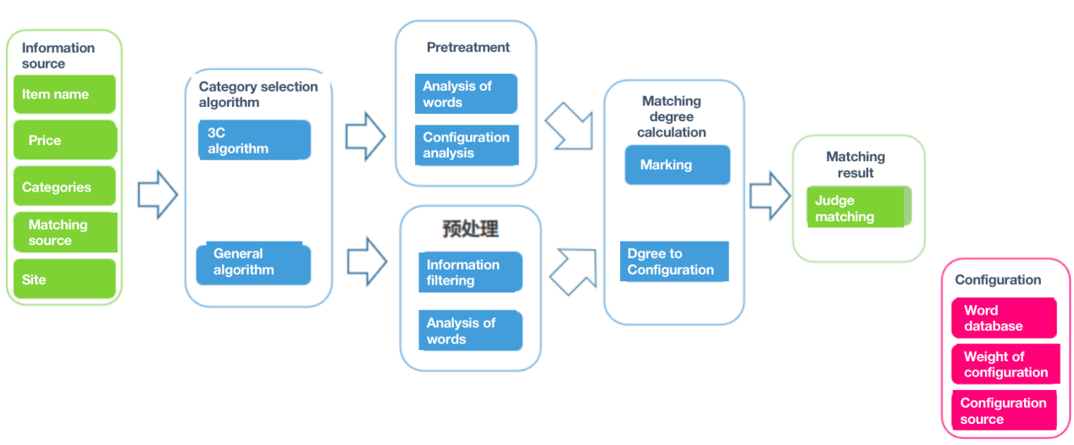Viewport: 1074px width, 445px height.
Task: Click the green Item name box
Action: click(64, 94)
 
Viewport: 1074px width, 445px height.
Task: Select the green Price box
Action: click(64, 141)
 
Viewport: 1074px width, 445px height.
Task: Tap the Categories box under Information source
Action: click(64, 187)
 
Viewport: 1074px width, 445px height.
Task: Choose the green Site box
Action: click(64, 279)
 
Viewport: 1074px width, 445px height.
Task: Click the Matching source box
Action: click(64, 232)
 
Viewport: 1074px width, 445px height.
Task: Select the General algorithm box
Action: click(253, 263)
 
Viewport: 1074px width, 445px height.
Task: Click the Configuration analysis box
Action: click(466, 145)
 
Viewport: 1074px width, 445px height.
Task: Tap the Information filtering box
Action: click(470, 272)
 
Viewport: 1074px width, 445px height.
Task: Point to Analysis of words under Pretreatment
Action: click(465, 93)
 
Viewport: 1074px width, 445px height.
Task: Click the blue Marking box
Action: click(677, 164)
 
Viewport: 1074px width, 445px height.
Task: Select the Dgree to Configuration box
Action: click(674, 261)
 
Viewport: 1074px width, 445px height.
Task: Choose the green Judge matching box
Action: click(859, 209)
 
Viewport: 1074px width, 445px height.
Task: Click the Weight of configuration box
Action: click(1005, 364)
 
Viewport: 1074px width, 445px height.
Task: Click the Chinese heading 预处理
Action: click(470, 229)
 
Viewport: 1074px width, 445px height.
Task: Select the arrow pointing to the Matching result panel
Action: click(769, 196)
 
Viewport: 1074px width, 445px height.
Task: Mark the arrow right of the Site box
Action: click(157, 196)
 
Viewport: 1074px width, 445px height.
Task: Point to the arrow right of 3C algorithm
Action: click(365, 136)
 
